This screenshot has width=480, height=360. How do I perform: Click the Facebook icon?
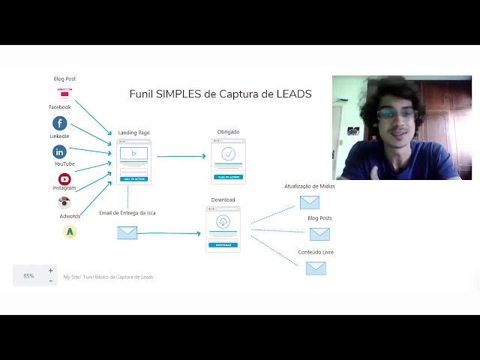(x=60, y=123)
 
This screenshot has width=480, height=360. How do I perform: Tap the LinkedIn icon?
(x=60, y=151)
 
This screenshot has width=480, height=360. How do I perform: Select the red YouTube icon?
(x=64, y=178)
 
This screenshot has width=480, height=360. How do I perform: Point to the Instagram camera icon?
(x=64, y=202)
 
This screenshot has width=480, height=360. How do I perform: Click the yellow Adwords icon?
(x=70, y=232)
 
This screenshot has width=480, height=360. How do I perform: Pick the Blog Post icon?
(x=64, y=94)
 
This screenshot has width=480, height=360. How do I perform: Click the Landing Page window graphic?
(x=133, y=161)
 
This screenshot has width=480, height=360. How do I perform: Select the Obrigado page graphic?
(x=228, y=160)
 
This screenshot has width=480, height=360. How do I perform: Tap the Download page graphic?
(x=223, y=228)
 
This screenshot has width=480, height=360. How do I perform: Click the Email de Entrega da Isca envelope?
(x=127, y=232)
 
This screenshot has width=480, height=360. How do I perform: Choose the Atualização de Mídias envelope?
(x=310, y=202)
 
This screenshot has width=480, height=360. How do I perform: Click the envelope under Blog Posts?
(x=319, y=234)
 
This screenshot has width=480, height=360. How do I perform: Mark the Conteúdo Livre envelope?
(x=316, y=268)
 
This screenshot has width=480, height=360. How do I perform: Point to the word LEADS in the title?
(x=294, y=94)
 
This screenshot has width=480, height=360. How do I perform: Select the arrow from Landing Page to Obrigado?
(x=181, y=157)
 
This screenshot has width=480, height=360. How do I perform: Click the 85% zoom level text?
(x=28, y=276)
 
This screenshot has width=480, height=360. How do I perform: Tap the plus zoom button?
(x=51, y=271)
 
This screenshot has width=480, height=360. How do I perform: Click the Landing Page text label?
(x=133, y=133)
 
